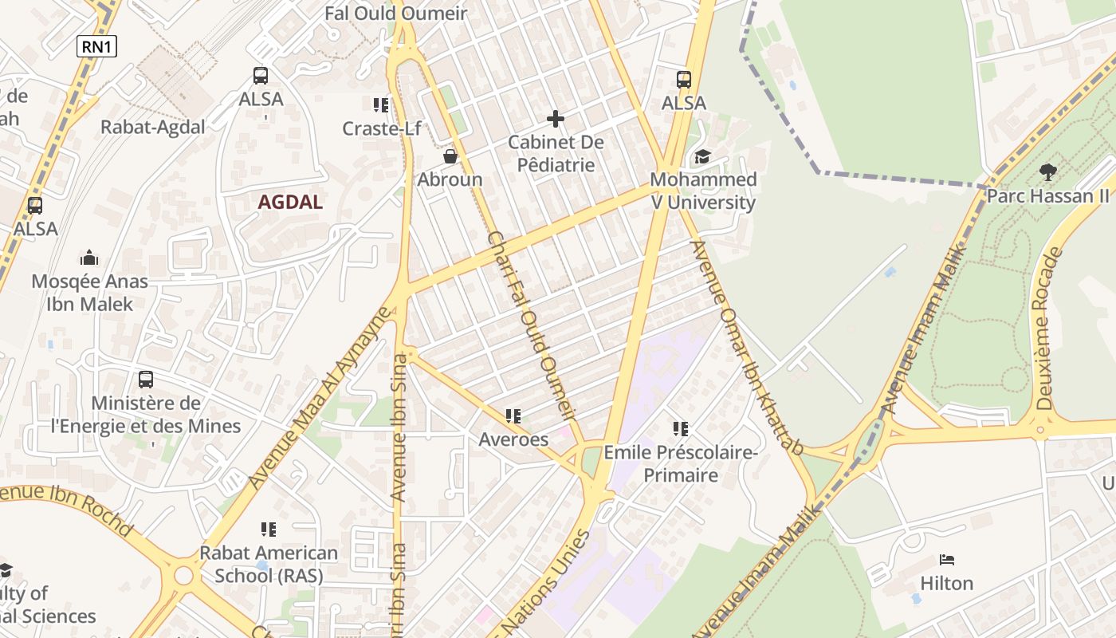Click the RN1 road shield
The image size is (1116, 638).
pos(96,47)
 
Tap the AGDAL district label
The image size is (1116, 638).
pos(290,202)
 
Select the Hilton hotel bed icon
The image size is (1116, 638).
pos(947,560)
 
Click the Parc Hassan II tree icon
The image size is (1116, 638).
pos(1047,171)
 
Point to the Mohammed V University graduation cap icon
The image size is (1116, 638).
pos(702,156)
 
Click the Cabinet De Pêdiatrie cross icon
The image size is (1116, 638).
pos(556,120)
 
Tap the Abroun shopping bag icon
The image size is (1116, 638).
pos(450,156)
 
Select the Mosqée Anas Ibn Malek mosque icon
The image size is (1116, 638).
pos(89,258)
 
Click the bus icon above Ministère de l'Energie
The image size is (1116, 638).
pos(145,380)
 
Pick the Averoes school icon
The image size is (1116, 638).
pos(513,416)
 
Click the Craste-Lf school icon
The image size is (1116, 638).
pos(381,105)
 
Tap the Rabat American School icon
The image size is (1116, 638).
pos(269,530)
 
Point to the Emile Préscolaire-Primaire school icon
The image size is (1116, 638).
pos(680,429)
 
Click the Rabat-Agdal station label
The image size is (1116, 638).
pos(152,127)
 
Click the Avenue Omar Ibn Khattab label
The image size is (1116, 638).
pos(746,347)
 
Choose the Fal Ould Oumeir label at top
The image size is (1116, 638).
pos(395,14)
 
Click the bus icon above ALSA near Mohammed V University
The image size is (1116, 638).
pos(684,80)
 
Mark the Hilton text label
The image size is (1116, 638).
pos(947,584)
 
